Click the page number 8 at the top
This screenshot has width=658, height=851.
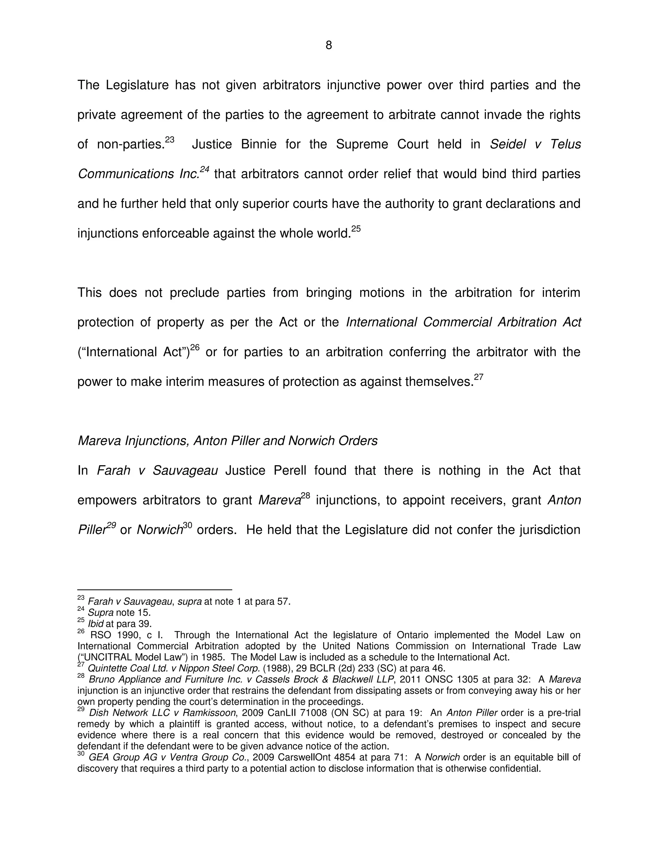click(329, 46)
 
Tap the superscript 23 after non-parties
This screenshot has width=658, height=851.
click(170, 139)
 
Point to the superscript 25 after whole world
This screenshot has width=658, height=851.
click(356, 229)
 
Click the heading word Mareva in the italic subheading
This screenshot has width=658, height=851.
click(99, 441)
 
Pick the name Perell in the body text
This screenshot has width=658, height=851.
click(290, 470)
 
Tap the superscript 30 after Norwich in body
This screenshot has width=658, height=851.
click(188, 525)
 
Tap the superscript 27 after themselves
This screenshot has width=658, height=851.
click(479, 377)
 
